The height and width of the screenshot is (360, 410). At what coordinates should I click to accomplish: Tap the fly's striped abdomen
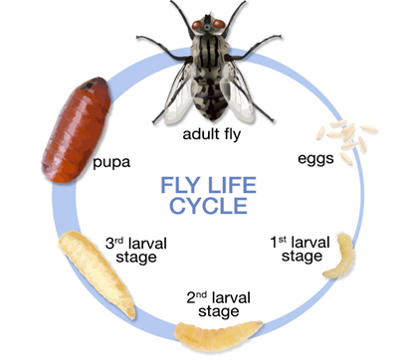pos(206,94)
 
